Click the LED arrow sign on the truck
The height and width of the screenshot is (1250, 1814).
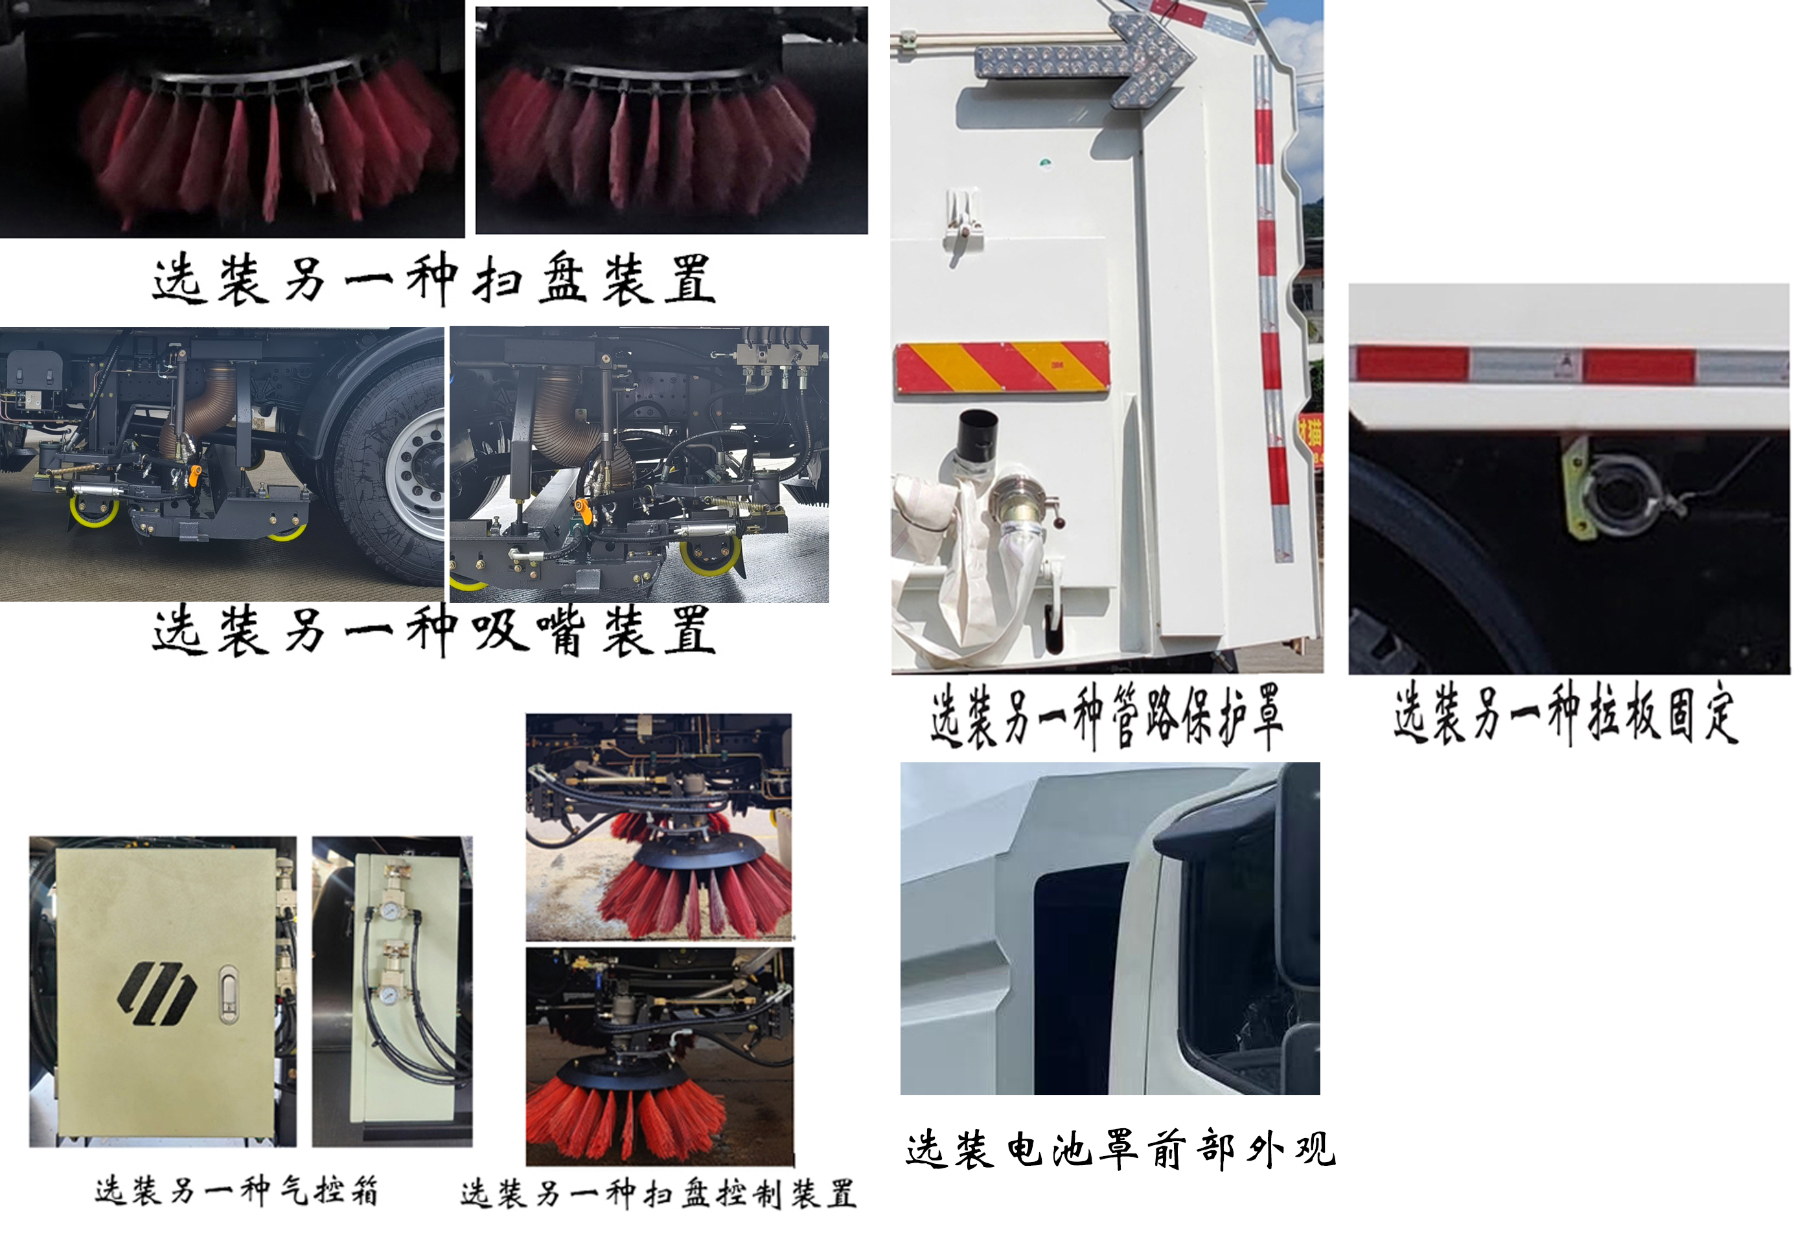1085,59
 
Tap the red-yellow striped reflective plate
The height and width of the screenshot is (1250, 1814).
1002,367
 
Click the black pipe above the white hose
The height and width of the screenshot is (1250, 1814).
978,438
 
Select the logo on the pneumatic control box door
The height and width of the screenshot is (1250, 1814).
156,993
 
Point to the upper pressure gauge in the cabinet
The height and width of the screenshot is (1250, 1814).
389,910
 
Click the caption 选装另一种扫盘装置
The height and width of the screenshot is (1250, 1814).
433,280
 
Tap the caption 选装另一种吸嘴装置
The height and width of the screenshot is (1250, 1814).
433,630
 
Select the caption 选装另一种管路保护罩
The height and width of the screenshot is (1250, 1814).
1106,715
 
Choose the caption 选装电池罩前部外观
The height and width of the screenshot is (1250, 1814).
1120,1150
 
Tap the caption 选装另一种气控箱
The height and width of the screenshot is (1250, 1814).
236,1191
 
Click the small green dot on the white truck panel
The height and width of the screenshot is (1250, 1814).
1045,163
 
